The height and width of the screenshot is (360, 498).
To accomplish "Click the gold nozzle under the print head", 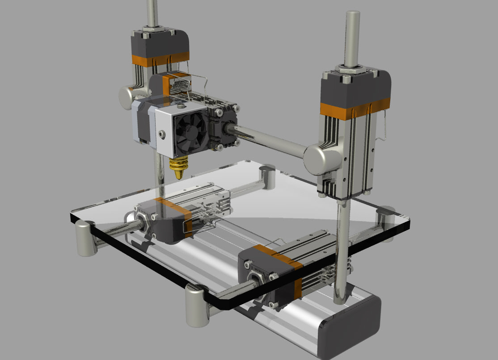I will (178, 167).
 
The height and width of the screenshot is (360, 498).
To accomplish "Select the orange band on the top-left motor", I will (160, 59).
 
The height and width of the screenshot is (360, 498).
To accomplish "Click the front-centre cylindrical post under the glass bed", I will (197, 306).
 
